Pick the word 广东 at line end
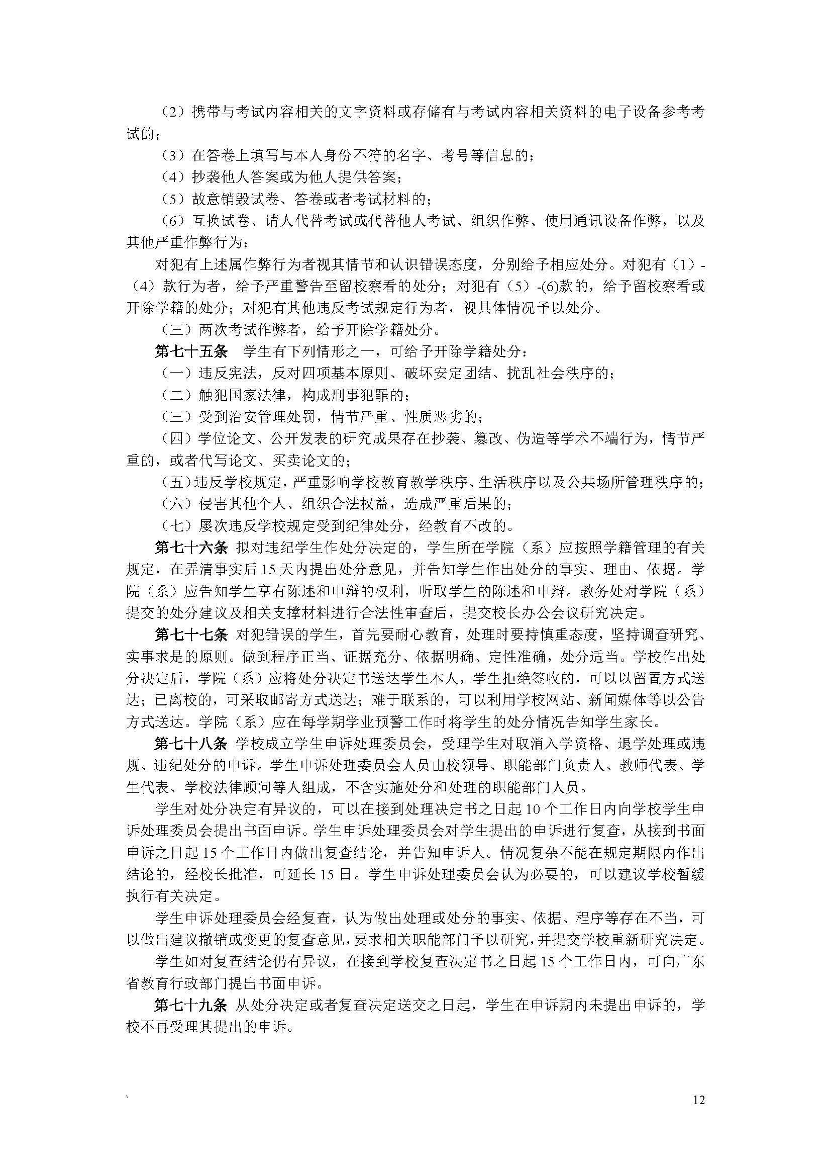tap(690, 962)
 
